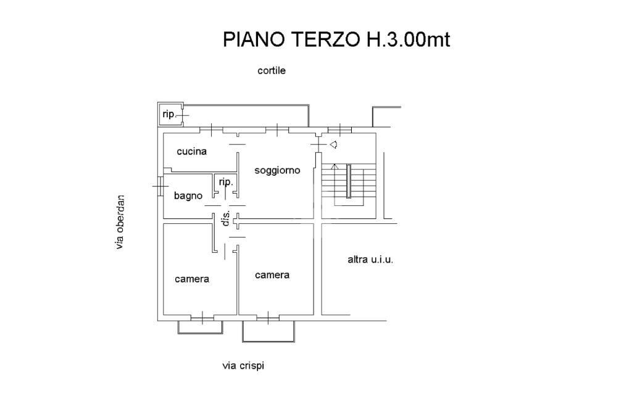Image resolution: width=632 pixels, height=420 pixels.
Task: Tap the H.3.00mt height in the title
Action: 408,39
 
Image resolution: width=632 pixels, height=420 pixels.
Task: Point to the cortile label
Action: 272,70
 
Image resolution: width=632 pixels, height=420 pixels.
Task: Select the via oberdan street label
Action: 120,222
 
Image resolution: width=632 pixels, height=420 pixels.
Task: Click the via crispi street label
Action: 243,366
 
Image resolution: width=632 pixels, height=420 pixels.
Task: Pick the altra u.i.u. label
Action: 370,259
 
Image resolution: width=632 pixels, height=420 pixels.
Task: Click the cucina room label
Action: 192,151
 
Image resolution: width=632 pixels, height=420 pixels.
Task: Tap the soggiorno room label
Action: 277,170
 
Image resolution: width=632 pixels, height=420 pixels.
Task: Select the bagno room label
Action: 188,196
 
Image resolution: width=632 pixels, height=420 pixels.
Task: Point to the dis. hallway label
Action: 226,218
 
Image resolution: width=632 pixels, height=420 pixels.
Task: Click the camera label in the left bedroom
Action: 192,279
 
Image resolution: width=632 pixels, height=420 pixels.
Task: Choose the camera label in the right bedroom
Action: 272,275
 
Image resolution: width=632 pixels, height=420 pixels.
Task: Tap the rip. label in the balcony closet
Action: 169,114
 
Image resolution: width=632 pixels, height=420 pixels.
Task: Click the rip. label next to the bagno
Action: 226,182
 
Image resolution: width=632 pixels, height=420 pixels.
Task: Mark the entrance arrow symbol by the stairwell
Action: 333,144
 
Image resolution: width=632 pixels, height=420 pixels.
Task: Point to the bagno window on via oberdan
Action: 160,186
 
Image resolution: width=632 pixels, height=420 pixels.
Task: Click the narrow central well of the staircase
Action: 349,181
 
